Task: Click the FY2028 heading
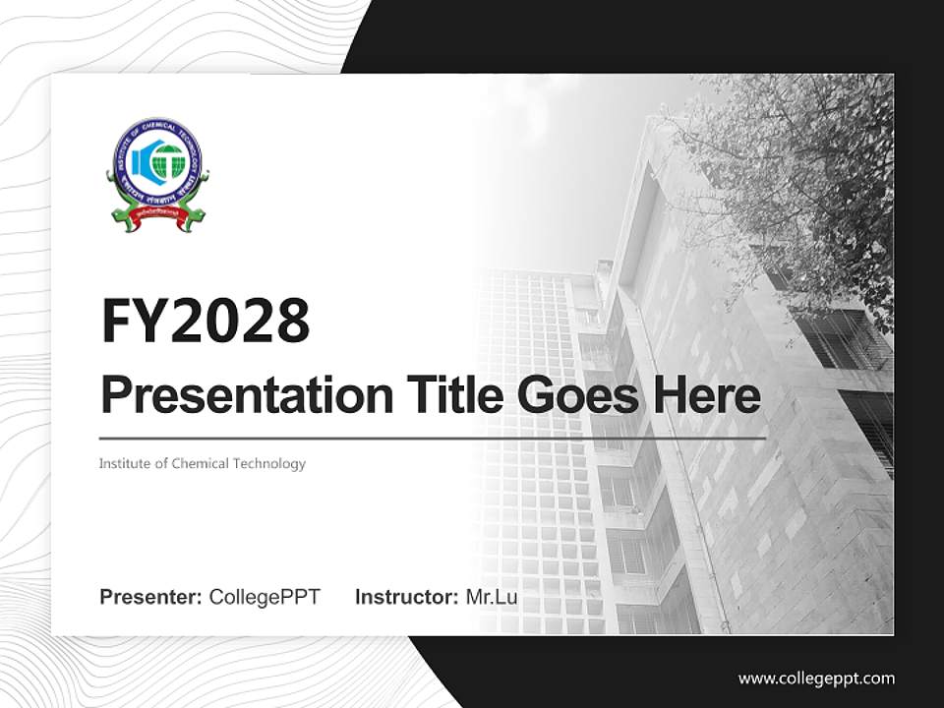coord(206,320)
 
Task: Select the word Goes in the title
coord(572,395)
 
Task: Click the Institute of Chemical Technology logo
coord(157,175)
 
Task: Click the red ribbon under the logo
coord(157,222)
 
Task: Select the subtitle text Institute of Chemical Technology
coord(203,463)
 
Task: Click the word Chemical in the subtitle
coord(201,463)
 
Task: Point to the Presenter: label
coord(151,597)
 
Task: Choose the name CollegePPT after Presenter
coord(265,597)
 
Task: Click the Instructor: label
coord(406,597)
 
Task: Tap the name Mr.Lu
coord(492,597)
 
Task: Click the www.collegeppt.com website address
coord(816,678)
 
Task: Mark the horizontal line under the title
coord(433,438)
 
